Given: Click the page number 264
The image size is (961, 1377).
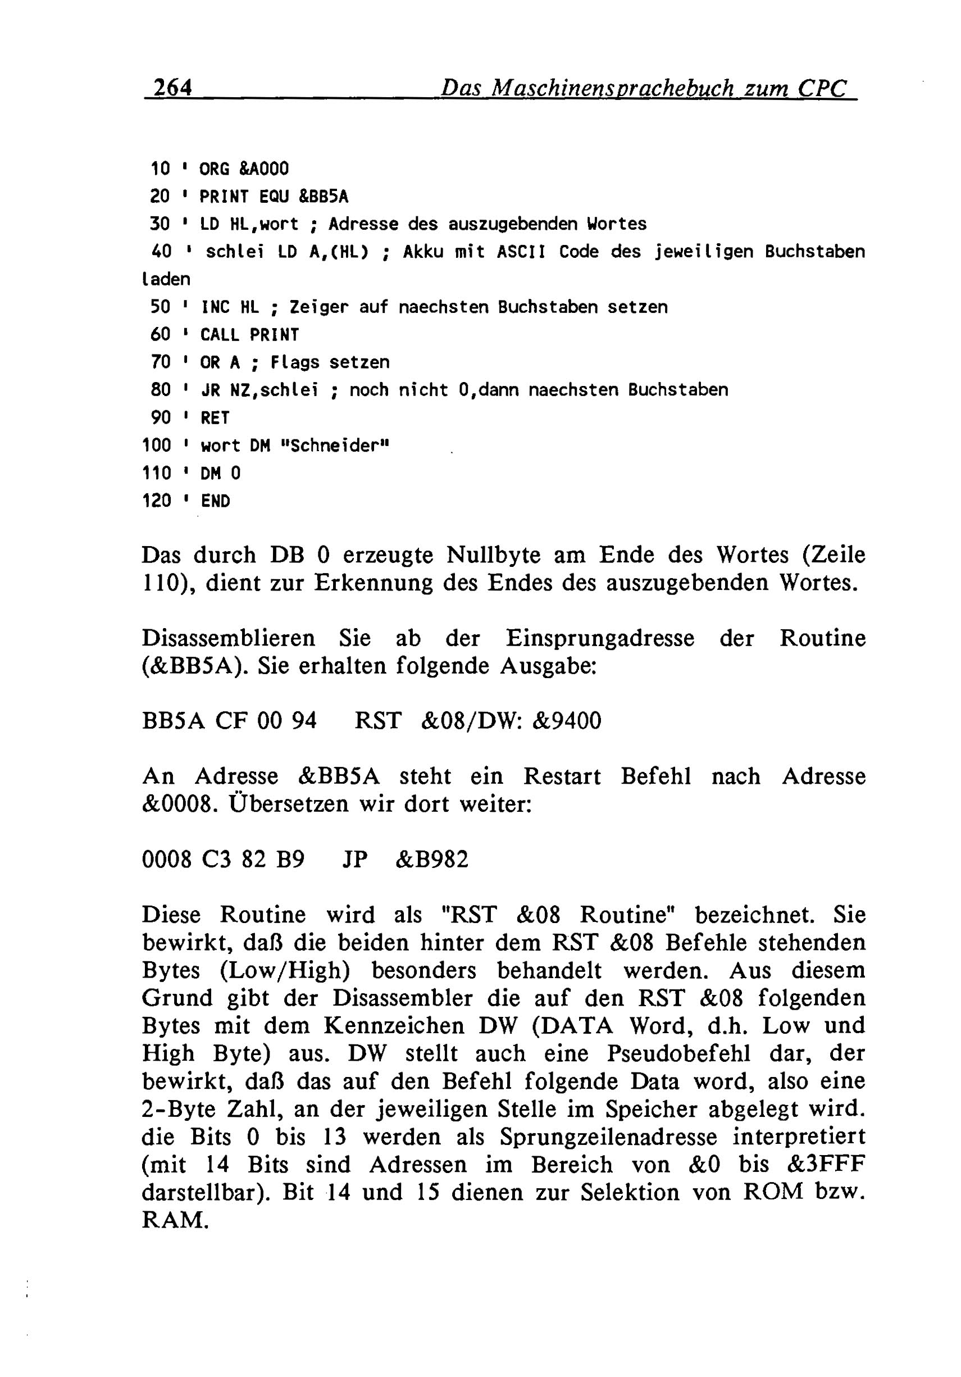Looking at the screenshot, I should [x=172, y=88].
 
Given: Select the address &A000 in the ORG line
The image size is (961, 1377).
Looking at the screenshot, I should [x=264, y=169].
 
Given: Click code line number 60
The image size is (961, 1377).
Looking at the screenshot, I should [x=160, y=335].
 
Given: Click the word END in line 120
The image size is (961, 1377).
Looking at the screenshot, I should [x=215, y=501].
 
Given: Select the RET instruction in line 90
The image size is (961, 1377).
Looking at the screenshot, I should [x=215, y=418].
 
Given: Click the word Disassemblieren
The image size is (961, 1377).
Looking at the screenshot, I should [x=229, y=638].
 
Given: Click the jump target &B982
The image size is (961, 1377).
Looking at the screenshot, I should [x=432, y=860].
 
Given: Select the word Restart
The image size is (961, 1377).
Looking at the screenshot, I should [x=562, y=776].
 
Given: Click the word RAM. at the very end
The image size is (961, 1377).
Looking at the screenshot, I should [x=175, y=1219].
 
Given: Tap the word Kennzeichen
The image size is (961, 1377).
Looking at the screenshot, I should [x=394, y=1025].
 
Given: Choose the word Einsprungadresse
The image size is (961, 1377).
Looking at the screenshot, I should [x=600, y=638].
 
